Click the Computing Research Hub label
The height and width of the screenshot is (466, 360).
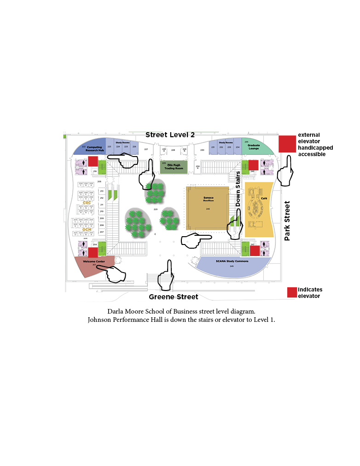click(95, 149)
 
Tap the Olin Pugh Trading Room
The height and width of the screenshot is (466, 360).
click(174, 166)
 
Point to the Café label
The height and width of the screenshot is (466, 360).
click(264, 198)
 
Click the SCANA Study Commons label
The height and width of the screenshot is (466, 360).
click(232, 261)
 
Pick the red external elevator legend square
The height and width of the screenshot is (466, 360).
click(287, 144)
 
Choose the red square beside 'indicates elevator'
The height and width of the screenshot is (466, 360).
click(292, 292)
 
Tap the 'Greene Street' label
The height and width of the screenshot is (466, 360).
click(173, 297)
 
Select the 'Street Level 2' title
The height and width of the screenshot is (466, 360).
click(170, 135)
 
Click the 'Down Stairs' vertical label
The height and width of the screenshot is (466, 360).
click(238, 189)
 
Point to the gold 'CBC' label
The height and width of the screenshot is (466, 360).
click(87, 203)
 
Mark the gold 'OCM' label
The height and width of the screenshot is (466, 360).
click(87, 229)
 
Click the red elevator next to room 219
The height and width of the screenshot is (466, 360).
click(93, 161)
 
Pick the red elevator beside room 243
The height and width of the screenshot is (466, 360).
click(255, 250)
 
